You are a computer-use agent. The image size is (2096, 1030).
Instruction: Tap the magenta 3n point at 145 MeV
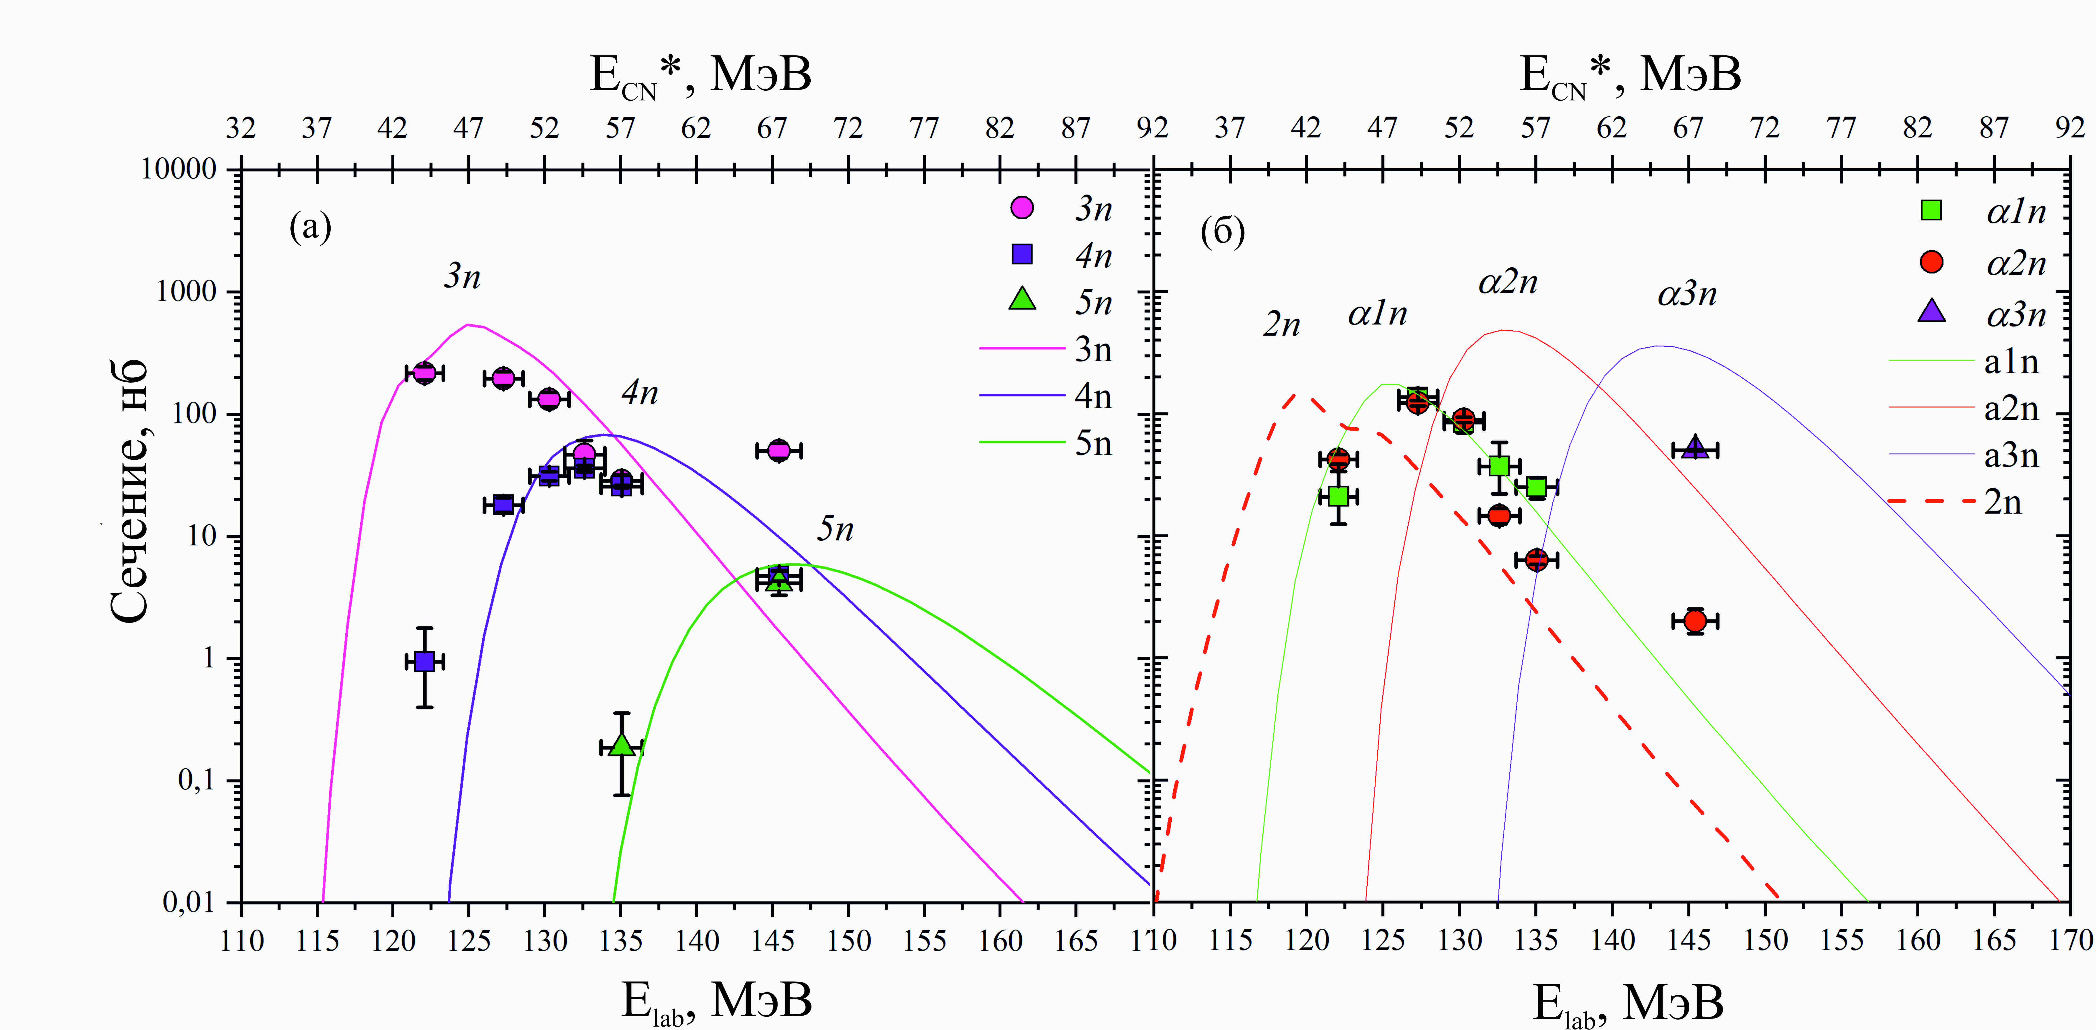(x=779, y=450)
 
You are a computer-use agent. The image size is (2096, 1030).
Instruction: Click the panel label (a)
(x=310, y=227)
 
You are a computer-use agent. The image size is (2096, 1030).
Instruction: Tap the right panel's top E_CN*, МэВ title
(x=1630, y=76)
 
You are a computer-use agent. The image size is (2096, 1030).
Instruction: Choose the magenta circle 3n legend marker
(x=1022, y=208)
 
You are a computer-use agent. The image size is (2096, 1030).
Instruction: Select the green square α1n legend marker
(x=1931, y=210)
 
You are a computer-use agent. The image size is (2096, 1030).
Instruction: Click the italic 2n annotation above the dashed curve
(x=1282, y=325)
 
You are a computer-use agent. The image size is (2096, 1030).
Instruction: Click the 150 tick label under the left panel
(x=849, y=941)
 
